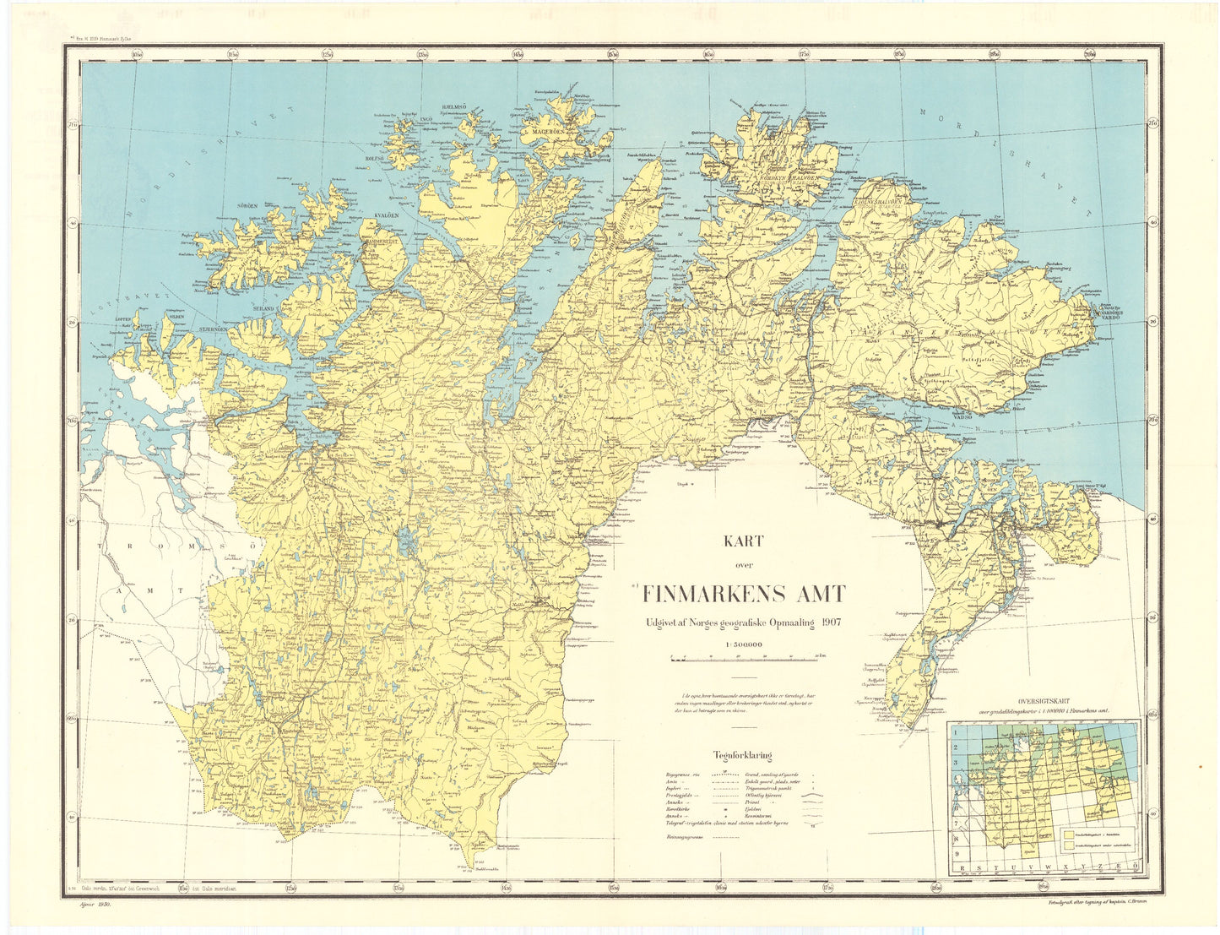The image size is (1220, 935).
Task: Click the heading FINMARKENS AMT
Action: [743, 594]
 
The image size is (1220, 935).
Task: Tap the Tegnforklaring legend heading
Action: [741, 756]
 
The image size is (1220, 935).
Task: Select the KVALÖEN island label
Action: [386, 216]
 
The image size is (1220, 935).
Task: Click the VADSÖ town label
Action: [964, 416]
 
